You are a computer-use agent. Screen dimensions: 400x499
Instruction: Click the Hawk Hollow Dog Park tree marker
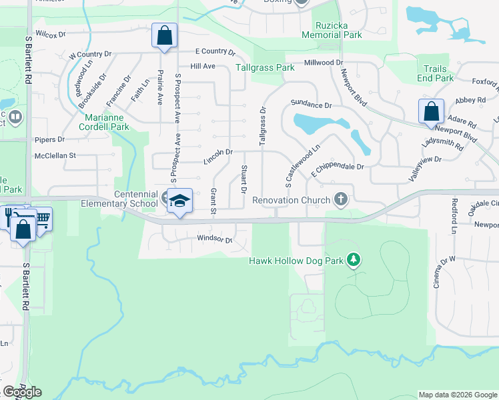coord(354,260)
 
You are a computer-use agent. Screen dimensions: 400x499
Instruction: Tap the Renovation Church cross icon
coord(340,199)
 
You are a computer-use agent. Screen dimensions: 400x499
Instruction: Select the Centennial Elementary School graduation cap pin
coord(179,201)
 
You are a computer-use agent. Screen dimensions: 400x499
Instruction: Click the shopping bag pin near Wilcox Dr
coord(164,35)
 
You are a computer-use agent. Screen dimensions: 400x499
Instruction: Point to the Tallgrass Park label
coord(265,67)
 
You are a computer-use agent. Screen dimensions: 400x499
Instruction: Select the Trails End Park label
coord(435,73)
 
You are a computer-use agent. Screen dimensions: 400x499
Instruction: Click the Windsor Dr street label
coord(214,239)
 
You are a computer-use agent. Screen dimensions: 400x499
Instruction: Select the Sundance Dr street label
coord(311,105)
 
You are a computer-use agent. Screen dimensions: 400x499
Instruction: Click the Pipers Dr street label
coord(50,139)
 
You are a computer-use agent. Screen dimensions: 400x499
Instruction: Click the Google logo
coord(23,392)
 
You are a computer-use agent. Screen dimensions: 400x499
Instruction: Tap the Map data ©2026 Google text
coord(458,395)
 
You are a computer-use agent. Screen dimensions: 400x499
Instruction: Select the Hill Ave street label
coord(203,66)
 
